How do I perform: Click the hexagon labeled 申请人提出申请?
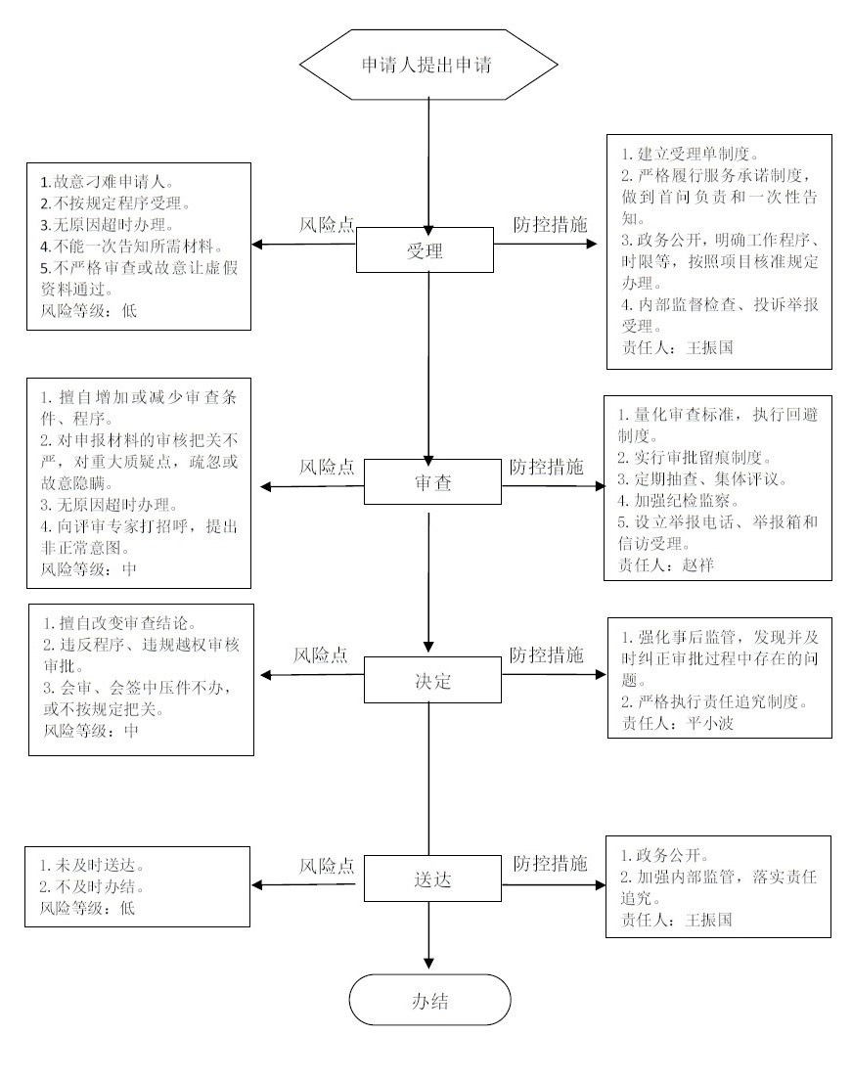tap(428, 65)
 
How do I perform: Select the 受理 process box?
tap(425, 249)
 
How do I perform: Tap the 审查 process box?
tap(432, 482)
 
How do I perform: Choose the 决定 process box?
tap(432, 681)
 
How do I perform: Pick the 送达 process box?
tap(432, 878)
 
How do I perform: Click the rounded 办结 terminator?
tap(429, 1001)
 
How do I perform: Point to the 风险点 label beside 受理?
tap(327, 225)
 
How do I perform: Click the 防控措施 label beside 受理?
tap(550, 224)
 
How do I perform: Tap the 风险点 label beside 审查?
tap(327, 468)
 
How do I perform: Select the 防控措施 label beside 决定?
tap(547, 654)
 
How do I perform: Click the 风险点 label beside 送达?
tap(327, 866)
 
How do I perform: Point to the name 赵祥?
tap(697, 565)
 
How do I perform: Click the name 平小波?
tap(711, 723)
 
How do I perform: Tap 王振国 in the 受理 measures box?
tap(710, 347)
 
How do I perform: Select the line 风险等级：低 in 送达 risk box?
tap(87, 908)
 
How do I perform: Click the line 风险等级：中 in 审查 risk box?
tap(89, 569)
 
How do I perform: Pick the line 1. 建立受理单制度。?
tap(691, 154)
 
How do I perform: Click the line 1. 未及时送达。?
tap(92, 865)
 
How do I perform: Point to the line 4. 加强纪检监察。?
tap(678, 501)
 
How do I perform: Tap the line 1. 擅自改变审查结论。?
tap(120, 623)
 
